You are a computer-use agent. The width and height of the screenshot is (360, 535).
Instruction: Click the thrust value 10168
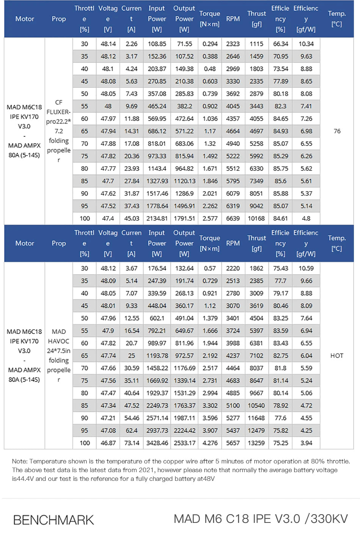click(256, 218)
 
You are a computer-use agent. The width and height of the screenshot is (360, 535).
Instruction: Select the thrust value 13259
click(256, 443)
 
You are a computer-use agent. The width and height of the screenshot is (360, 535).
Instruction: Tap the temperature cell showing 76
click(337, 131)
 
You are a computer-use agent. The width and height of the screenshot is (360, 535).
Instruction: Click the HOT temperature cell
click(337, 356)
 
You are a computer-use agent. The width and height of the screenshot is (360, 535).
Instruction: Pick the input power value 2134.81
click(157, 218)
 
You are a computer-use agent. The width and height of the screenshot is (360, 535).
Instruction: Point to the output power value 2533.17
click(185, 443)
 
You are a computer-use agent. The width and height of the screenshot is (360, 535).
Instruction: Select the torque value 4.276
click(210, 443)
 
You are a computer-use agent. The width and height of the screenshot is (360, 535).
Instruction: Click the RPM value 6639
click(233, 218)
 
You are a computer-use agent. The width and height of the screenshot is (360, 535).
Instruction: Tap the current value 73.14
click(131, 443)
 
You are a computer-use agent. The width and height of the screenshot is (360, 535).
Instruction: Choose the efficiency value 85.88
click(280, 193)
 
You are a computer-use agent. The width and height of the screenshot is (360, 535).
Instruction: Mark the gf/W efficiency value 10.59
click(306, 268)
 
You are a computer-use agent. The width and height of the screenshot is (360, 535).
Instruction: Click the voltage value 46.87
click(108, 443)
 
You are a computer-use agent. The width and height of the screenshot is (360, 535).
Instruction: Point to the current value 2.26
click(131, 44)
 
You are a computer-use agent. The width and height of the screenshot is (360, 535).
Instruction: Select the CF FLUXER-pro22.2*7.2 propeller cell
click(59, 131)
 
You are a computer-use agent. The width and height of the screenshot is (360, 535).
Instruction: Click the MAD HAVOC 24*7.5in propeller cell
click(59, 356)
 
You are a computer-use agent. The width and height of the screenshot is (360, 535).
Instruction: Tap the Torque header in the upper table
click(210, 19)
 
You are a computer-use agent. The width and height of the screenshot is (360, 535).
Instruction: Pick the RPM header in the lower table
click(233, 243)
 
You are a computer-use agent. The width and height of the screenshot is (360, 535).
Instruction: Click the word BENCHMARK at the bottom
click(53, 520)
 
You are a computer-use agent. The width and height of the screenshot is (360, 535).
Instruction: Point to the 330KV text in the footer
click(329, 519)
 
